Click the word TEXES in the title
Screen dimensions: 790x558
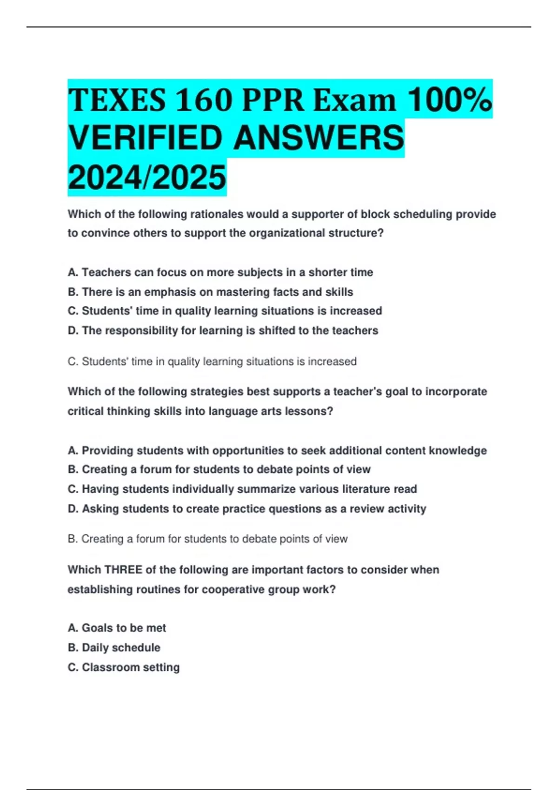[x=117, y=100]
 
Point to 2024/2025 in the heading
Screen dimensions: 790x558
[x=147, y=178]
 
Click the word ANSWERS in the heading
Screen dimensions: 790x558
[x=319, y=138]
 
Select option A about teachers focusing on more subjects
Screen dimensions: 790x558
[x=220, y=272]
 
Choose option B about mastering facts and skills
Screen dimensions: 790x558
[x=210, y=292]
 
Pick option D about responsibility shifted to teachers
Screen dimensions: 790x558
[x=223, y=330]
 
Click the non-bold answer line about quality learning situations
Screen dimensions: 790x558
[x=212, y=362]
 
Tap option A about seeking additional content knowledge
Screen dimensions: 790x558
[x=277, y=450]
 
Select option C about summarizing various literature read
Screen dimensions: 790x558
[x=242, y=489]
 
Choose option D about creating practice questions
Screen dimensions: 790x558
[x=247, y=509]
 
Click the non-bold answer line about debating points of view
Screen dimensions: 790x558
[x=207, y=539]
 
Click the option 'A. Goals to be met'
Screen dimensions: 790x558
[x=117, y=628]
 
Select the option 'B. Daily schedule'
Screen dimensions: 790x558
[x=114, y=647]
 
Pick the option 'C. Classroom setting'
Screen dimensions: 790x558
[x=124, y=667]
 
